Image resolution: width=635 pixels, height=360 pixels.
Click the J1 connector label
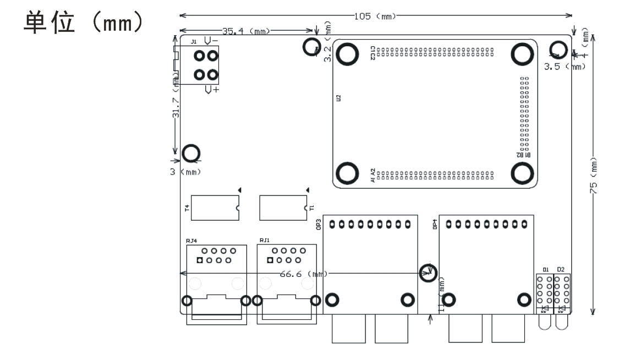(x=193, y=42)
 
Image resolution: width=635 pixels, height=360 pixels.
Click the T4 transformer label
(x=187, y=208)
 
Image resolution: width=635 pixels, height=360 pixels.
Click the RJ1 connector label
(x=264, y=240)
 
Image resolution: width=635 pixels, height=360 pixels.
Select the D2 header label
(x=561, y=269)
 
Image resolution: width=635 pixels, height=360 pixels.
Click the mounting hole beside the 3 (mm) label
(x=191, y=154)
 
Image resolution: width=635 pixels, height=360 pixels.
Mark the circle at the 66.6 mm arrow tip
(x=428, y=271)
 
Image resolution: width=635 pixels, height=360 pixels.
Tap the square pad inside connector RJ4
(x=200, y=260)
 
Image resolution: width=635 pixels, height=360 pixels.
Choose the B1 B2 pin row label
(x=523, y=155)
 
